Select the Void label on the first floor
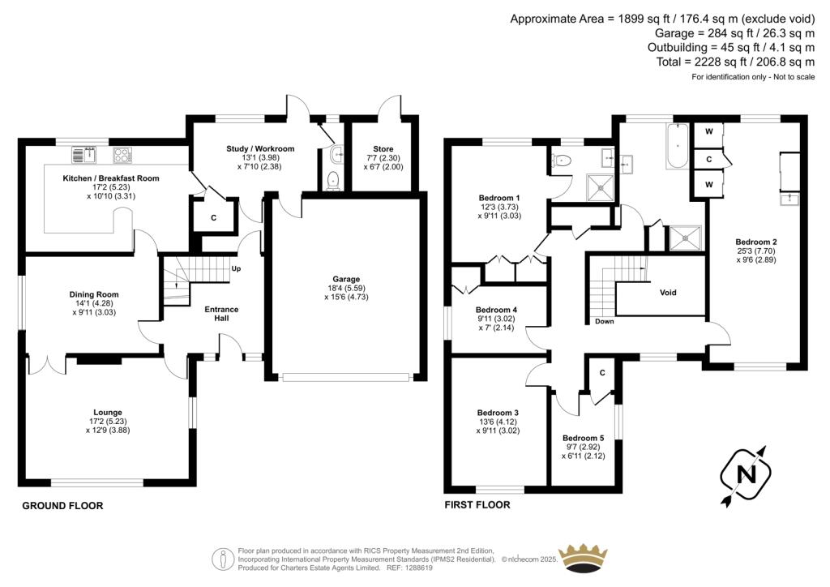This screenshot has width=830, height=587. pos(668,293)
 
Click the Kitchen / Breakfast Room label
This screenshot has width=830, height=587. pos(111,178)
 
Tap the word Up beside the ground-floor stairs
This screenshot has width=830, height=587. pos(236,268)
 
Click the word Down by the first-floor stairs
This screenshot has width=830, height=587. pos(604,322)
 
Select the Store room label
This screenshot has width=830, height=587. pos(383,149)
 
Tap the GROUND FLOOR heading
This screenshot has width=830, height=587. pos(62,506)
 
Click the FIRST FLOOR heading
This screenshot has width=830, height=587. pos(477,504)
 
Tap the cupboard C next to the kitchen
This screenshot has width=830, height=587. pos(214,218)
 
